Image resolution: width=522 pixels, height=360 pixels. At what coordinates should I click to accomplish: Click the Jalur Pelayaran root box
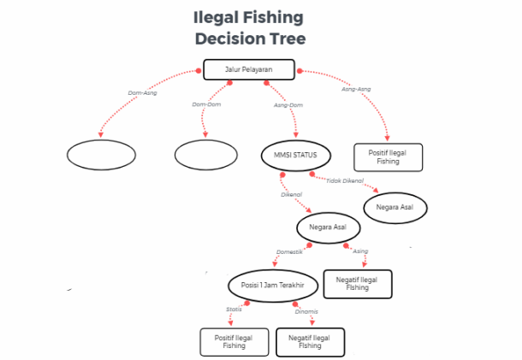249,68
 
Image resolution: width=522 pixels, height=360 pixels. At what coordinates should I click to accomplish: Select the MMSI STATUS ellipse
290,155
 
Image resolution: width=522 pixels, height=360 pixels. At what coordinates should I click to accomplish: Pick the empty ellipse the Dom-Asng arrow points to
100,155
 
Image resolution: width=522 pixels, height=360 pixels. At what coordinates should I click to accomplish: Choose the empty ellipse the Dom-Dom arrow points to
205,155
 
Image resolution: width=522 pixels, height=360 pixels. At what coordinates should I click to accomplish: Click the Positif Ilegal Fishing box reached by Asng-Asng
388,156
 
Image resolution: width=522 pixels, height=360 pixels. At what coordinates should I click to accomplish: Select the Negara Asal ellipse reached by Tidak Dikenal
394,208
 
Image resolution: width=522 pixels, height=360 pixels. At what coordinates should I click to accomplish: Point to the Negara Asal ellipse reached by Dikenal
329,228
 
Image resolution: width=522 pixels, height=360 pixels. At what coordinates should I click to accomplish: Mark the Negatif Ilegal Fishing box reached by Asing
359,284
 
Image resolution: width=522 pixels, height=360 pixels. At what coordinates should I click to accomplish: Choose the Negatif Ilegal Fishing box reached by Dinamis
311,341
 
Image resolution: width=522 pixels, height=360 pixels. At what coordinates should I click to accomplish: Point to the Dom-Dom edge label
206,105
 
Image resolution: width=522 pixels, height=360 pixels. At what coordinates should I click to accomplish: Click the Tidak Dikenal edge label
345,181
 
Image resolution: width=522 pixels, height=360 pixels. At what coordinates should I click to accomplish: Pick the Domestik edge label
289,252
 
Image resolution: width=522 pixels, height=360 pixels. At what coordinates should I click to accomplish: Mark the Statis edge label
234,309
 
